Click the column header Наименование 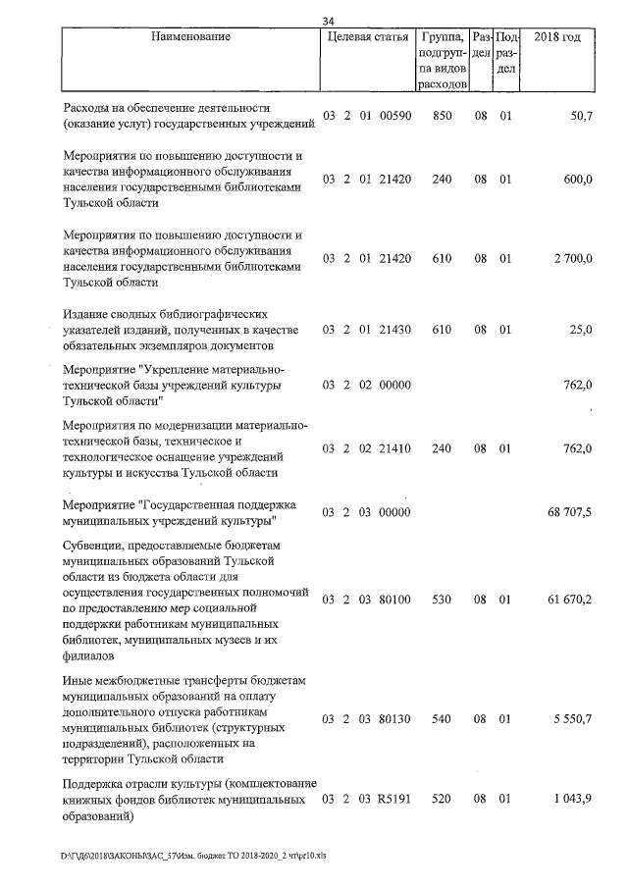click(191, 37)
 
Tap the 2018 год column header click(556, 37)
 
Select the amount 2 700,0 click(572, 259)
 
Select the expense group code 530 click(441, 599)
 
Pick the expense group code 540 click(441, 720)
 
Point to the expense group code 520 click(441, 802)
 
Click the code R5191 click(393, 802)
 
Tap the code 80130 click(393, 720)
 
